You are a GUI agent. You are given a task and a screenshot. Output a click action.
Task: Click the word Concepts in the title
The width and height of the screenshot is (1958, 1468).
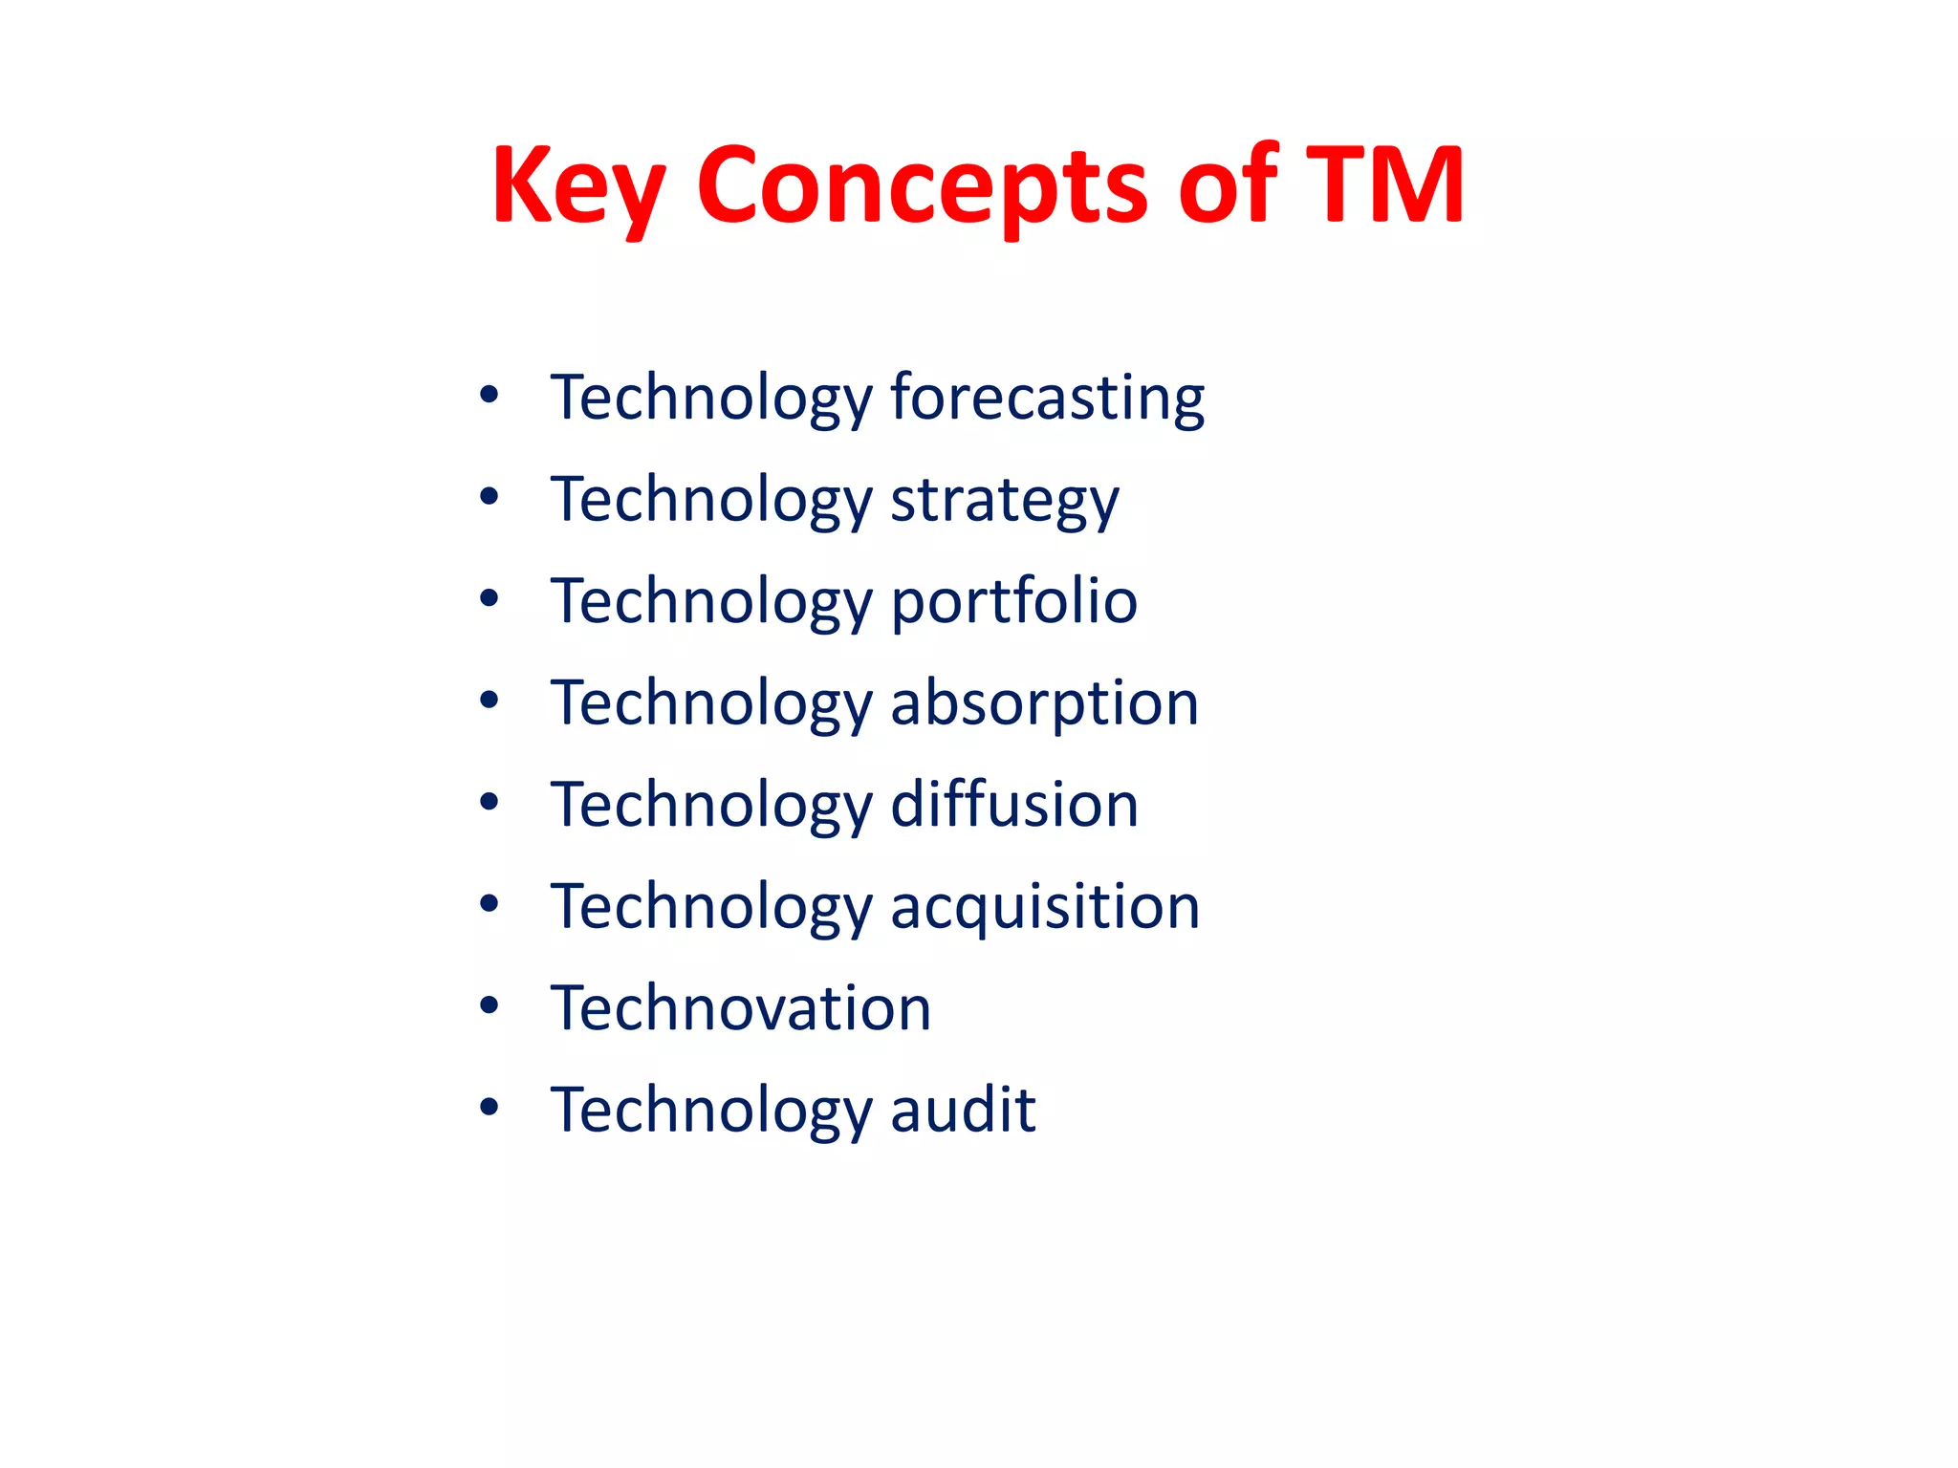click(x=922, y=185)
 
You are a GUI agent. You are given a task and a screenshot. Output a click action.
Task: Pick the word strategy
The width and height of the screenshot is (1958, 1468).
click(x=1005, y=499)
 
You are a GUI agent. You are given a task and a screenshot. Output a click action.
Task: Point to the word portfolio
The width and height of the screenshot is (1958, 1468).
click(x=1014, y=601)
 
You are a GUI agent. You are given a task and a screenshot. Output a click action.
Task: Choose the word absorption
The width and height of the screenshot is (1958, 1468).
click(x=1045, y=702)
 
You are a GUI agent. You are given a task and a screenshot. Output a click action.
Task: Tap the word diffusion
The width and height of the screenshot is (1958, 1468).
click(x=1015, y=804)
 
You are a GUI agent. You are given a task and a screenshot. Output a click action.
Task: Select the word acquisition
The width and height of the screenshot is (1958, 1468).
click(x=1045, y=906)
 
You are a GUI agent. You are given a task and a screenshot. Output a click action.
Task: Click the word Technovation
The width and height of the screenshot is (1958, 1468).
click(x=741, y=1007)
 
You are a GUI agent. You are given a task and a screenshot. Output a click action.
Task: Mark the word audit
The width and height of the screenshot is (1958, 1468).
click(x=964, y=1109)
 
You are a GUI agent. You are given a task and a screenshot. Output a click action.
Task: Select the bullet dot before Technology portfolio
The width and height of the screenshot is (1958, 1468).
click(x=489, y=598)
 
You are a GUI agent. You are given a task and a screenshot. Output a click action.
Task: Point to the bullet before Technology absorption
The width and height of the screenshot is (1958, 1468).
click(x=489, y=701)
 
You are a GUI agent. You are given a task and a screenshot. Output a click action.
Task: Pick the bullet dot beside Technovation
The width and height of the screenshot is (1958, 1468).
click(x=489, y=1005)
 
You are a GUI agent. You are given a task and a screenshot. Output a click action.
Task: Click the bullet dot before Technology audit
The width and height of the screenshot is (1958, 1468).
click(x=489, y=1107)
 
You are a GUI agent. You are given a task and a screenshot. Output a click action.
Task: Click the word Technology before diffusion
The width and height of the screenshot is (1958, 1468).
click(x=711, y=806)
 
